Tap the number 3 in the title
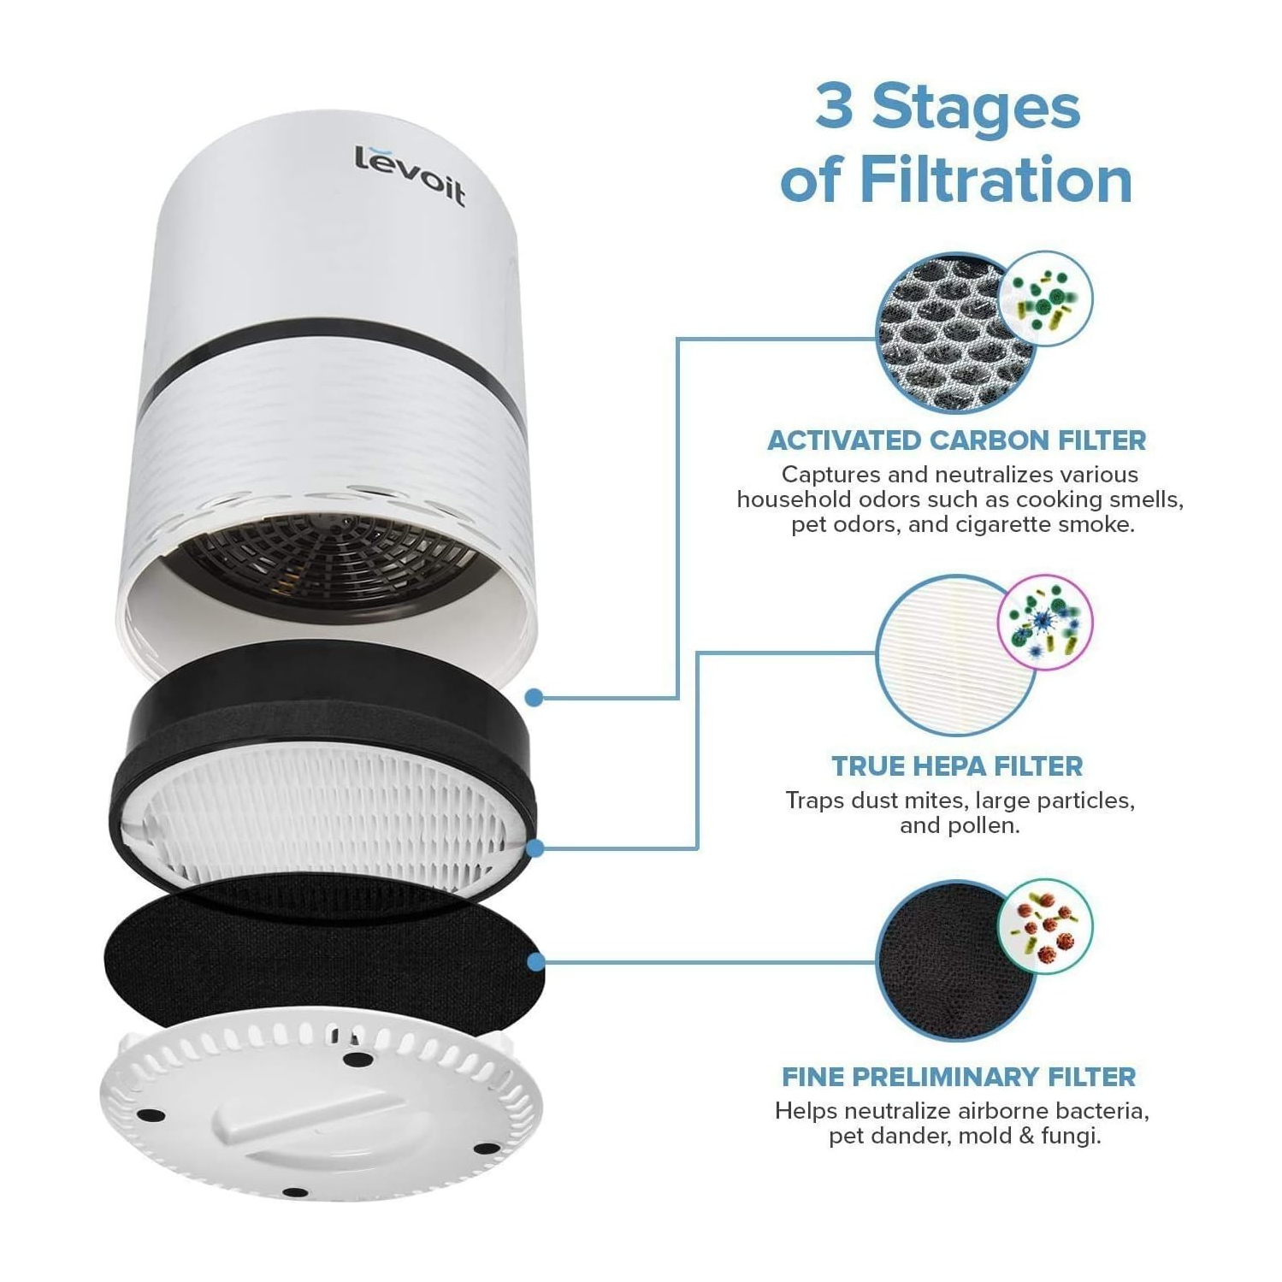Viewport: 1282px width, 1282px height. tap(834, 108)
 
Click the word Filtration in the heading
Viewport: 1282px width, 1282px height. tap(995, 180)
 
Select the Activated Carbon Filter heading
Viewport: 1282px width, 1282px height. tap(956, 440)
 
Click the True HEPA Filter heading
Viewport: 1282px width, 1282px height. tap(957, 766)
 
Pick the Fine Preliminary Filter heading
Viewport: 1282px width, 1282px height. tap(959, 1077)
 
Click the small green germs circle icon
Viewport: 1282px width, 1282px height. tap(1046, 298)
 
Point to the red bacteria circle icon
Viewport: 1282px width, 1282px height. tap(1046, 926)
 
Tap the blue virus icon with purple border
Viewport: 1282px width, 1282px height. tap(1044, 620)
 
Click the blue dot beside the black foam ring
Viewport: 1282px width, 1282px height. tap(535, 698)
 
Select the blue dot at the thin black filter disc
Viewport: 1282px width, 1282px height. tap(535, 962)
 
